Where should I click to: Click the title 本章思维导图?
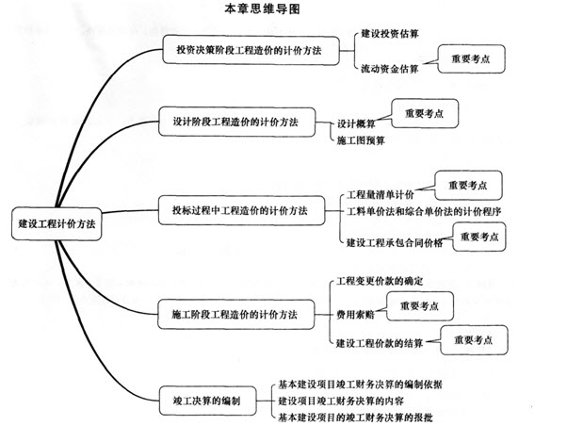coord(262,8)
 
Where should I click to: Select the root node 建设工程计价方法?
coord(57,223)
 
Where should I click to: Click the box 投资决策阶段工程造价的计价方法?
coord(251,50)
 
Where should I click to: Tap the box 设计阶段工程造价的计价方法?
coord(236,122)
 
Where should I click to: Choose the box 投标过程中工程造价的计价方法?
coord(241,210)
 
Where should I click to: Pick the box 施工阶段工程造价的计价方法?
coord(236,314)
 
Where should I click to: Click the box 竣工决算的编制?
coord(207,401)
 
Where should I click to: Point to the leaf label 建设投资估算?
coord(390,34)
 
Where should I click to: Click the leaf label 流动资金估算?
coord(390,69)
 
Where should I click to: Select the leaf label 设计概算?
coord(356,123)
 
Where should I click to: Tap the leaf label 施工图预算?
coord(361,140)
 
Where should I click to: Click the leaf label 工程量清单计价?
coord(381,195)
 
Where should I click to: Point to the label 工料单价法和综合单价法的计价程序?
coord(424,211)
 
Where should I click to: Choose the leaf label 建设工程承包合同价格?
coord(395,242)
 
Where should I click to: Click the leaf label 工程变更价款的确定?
coord(380,281)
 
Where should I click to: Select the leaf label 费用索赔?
coord(355,315)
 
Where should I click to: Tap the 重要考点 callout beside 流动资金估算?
coord(471,59)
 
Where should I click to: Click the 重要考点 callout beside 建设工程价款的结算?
coord(474,340)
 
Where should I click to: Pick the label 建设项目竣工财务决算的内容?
coord(341,401)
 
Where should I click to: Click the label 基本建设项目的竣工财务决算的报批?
coord(355,418)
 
